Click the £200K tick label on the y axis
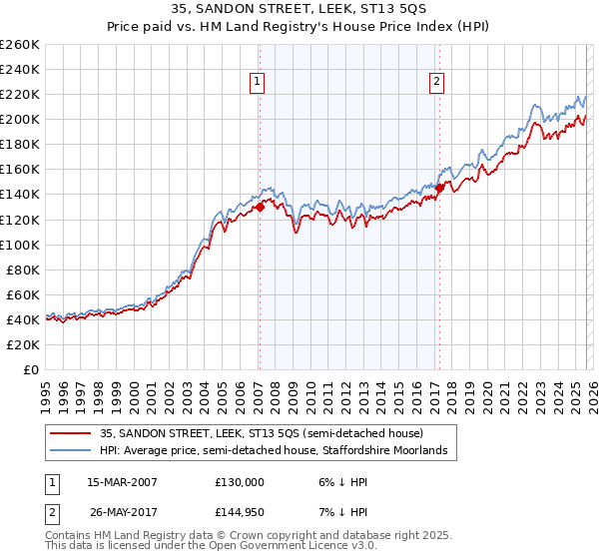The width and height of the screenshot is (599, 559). (20, 119)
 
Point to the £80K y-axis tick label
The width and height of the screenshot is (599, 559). (23, 270)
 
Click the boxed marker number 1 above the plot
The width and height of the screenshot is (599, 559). (258, 82)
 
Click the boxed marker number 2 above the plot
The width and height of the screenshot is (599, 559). (437, 82)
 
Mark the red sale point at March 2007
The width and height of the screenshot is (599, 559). (260, 207)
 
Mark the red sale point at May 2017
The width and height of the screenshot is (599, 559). (439, 187)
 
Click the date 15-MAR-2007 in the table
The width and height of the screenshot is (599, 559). (122, 482)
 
